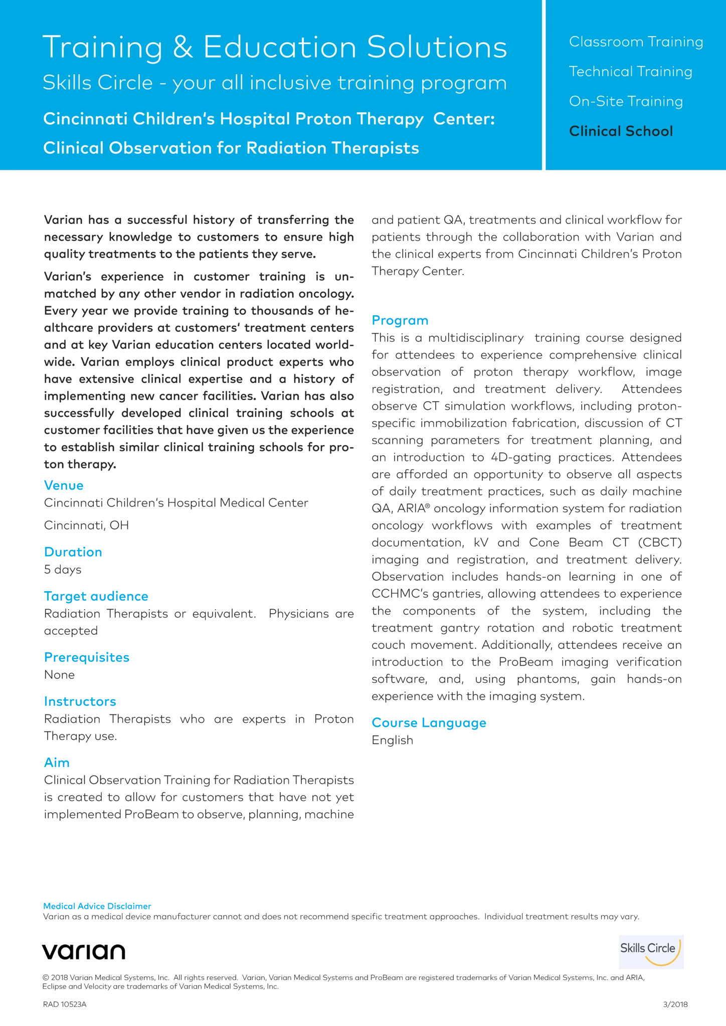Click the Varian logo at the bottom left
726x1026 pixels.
pos(84,951)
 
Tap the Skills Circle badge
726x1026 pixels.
pos(651,952)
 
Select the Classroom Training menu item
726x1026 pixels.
pos(636,42)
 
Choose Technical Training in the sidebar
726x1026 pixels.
pos(630,72)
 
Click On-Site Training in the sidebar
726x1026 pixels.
pos(626,101)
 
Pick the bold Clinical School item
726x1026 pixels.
pos(621,131)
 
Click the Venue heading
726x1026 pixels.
pos(64,485)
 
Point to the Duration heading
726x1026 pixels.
pos(73,552)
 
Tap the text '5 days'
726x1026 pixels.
pos(63,570)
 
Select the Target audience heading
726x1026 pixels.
pos(96,596)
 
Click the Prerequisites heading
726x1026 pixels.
pos(87,657)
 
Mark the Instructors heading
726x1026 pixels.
pos(80,701)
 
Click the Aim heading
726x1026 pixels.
pos(57,762)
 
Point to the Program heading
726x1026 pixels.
pos(400,321)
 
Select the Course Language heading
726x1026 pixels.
pos(429,723)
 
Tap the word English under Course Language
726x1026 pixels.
pos(393,740)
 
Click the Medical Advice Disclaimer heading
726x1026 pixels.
pos(97,906)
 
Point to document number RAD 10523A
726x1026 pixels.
pos(65,1004)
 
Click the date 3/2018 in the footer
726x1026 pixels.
pos(675,1004)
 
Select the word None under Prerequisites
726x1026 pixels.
pos(59,675)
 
